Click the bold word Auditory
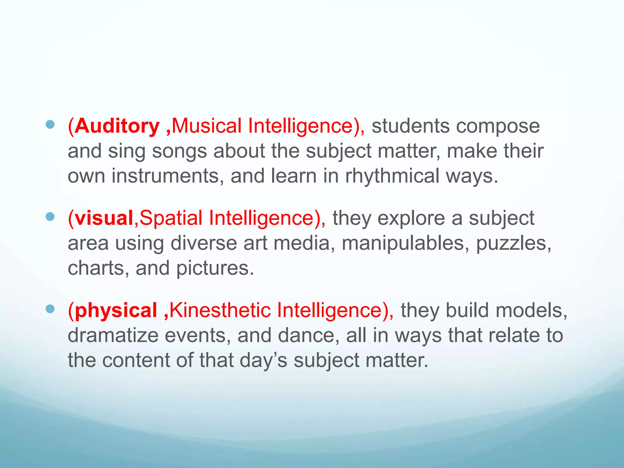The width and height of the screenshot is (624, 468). click(x=117, y=126)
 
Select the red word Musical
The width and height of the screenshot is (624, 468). click(x=207, y=126)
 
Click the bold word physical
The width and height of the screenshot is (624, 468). click(x=116, y=311)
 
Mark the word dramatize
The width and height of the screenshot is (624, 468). click(x=113, y=335)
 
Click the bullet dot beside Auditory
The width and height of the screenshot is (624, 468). click(x=50, y=124)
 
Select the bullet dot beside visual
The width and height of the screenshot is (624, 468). click(x=50, y=217)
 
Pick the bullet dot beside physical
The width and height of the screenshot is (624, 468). click(x=50, y=309)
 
